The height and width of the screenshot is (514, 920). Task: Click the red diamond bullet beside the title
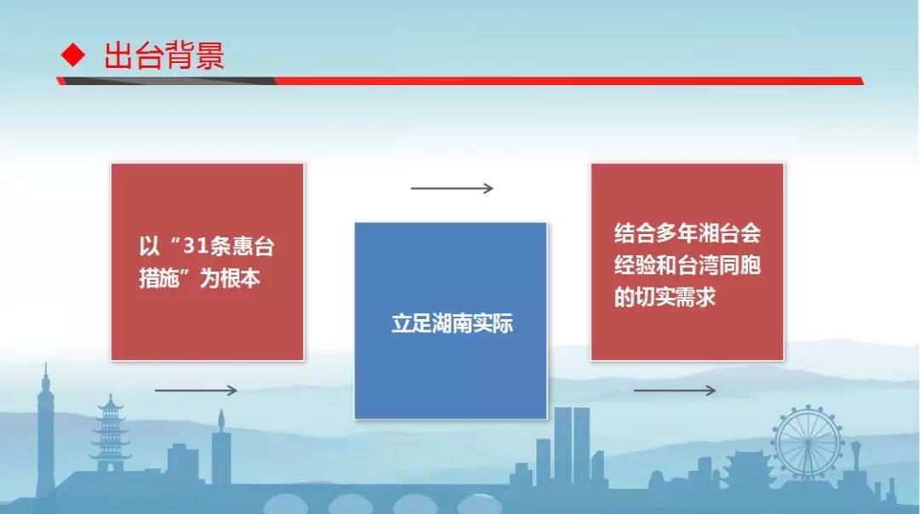coord(72,55)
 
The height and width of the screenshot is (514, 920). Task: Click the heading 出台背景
coord(164,55)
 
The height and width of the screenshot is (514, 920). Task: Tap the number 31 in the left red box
coord(196,246)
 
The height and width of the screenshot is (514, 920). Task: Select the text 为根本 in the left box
coord(230,278)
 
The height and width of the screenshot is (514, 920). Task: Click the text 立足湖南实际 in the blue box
coord(451,323)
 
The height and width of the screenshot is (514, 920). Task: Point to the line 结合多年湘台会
coord(687,233)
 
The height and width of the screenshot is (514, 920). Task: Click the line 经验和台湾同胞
coord(687,265)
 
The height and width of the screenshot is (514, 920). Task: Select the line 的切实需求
coord(664,296)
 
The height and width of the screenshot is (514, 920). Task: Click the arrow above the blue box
coord(452,188)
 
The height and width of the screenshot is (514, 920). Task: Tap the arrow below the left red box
coord(196,391)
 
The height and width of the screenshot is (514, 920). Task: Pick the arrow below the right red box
coord(675,391)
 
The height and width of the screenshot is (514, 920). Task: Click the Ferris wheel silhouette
coord(808,443)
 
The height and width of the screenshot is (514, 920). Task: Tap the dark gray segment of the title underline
coord(167,81)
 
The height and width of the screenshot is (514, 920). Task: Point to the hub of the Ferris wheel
coord(808,441)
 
